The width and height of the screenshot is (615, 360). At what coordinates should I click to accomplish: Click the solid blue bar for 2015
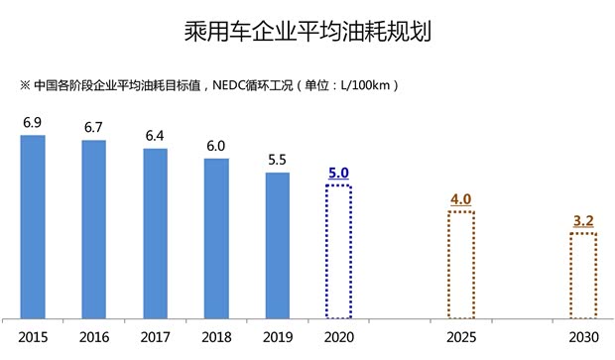pyautogui.click(x=33, y=227)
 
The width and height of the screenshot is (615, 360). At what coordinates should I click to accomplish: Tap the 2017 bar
pyautogui.click(x=156, y=234)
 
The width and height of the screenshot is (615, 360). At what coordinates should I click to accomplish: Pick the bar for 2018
pyautogui.click(x=216, y=239)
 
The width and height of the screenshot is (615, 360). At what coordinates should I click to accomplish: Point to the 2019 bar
pyautogui.click(x=278, y=246)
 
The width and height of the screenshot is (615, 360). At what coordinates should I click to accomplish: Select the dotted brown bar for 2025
pyautogui.click(x=460, y=265)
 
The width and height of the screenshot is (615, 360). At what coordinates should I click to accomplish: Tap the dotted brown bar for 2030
pyautogui.click(x=582, y=276)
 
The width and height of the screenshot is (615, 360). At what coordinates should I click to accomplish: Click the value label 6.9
pyautogui.click(x=33, y=122)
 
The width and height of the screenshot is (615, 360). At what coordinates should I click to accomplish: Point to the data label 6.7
pyautogui.click(x=94, y=127)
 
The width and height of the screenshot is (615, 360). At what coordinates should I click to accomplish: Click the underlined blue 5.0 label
pyautogui.click(x=339, y=173)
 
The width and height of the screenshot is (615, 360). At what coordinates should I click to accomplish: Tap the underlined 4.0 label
pyautogui.click(x=460, y=199)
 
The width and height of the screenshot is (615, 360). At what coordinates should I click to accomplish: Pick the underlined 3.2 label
pyautogui.click(x=582, y=221)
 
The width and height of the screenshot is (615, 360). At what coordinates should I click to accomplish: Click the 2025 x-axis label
pyautogui.click(x=461, y=338)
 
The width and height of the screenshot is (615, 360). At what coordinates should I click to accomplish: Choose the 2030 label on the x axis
pyautogui.click(x=582, y=338)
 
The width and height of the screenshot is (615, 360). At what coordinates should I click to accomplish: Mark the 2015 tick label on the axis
pyautogui.click(x=33, y=338)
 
